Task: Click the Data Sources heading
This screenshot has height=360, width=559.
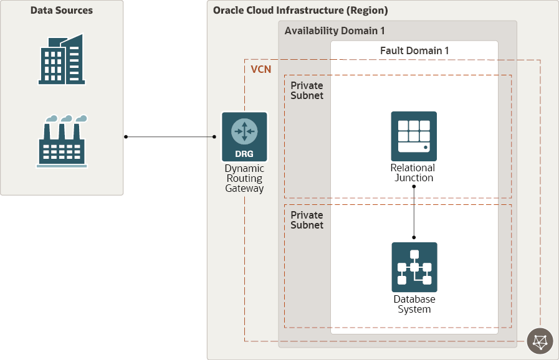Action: click(62, 11)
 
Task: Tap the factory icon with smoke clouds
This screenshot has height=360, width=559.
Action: click(62, 141)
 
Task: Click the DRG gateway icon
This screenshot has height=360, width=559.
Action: click(244, 137)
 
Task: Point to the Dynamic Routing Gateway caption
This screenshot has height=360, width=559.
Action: click(244, 179)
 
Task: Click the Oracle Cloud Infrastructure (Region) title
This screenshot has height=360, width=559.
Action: click(300, 11)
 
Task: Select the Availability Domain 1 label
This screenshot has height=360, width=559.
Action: click(334, 31)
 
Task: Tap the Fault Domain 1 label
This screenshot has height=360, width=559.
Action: click(414, 50)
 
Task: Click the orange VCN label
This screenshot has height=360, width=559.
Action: click(261, 69)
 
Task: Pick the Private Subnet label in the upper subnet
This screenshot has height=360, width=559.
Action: click(307, 91)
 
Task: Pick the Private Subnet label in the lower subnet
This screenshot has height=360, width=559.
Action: click(307, 220)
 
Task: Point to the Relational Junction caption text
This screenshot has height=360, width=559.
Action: click(413, 173)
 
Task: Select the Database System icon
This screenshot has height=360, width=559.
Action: click(414, 267)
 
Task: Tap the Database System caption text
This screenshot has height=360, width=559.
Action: click(414, 305)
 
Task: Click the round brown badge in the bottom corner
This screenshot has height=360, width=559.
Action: click(540, 342)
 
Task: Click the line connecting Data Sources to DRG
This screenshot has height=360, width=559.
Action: click(170, 136)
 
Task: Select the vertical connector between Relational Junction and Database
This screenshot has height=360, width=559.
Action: click(414, 212)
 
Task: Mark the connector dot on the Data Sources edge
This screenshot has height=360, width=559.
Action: click(126, 136)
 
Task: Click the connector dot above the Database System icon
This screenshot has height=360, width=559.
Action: click(414, 237)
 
